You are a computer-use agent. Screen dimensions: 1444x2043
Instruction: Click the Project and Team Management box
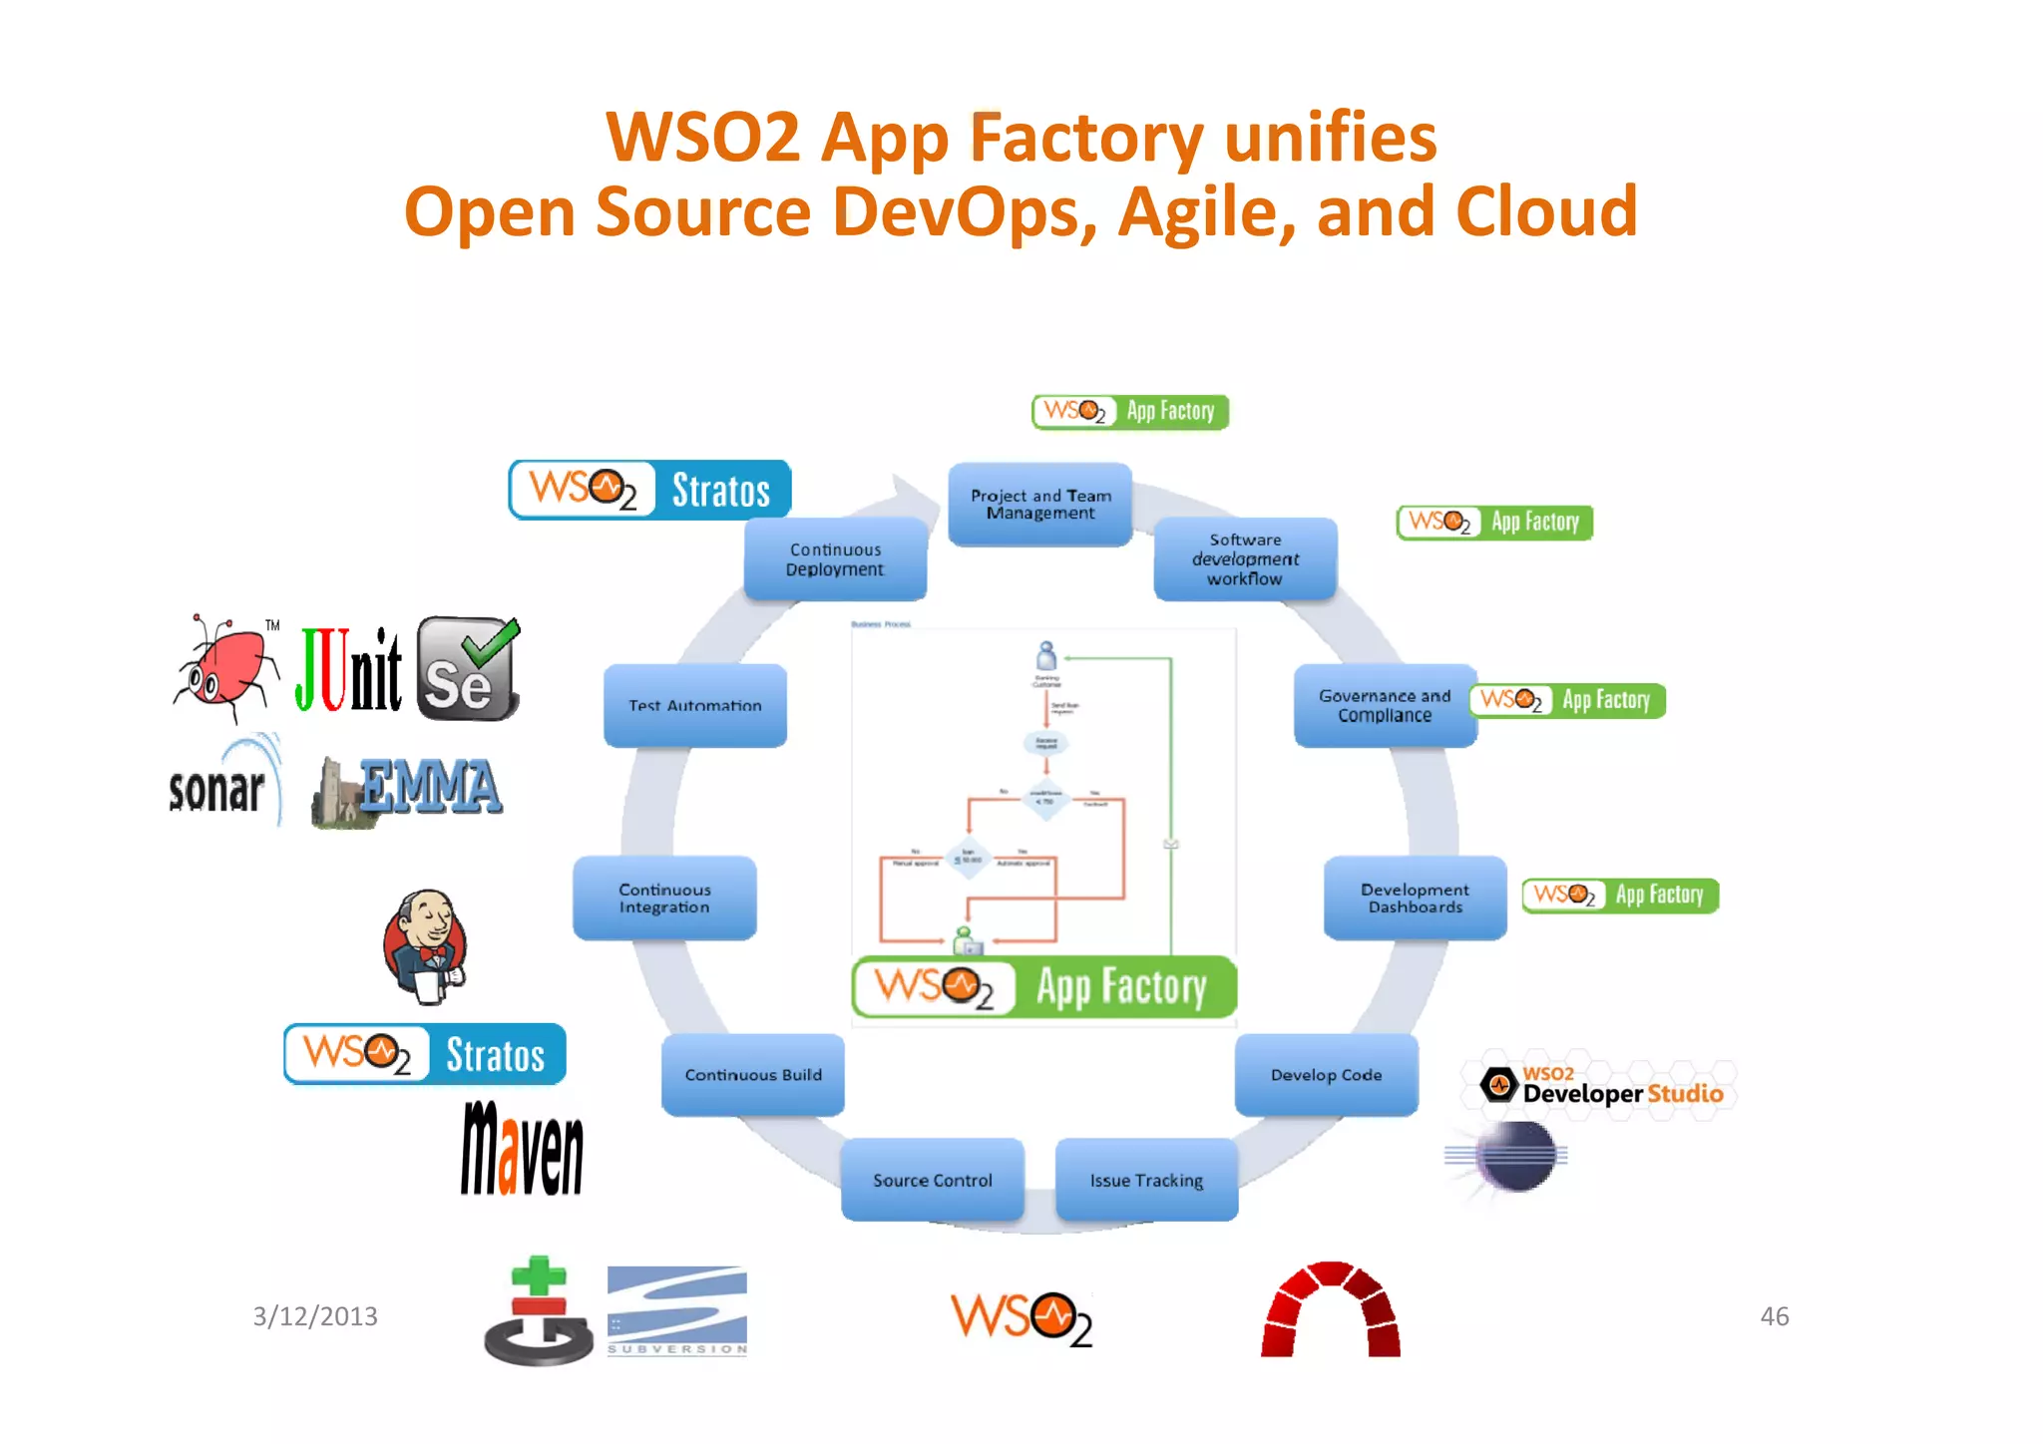(1039, 504)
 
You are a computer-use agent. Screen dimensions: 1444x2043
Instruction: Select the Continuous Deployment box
(835, 558)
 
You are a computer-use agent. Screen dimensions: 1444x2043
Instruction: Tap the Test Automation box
(695, 705)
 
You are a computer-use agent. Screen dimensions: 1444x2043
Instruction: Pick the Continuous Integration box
(664, 898)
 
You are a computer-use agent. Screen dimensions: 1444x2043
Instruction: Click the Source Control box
(932, 1180)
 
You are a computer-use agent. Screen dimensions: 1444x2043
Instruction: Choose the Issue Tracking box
(1146, 1180)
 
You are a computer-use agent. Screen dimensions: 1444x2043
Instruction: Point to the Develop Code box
(1326, 1074)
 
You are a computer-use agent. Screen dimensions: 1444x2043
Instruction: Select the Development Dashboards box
(1415, 898)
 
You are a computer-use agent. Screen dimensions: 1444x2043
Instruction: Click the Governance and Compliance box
(1385, 705)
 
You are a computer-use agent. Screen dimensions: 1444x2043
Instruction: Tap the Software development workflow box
(1245, 558)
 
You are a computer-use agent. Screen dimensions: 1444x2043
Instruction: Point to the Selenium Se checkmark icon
(468, 668)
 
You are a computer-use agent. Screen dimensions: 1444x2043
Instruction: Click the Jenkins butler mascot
(426, 945)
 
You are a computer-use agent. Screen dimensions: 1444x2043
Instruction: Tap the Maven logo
(522, 1148)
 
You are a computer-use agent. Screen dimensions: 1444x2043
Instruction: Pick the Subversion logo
(676, 1310)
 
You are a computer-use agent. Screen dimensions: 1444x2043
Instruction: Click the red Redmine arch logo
(1330, 1310)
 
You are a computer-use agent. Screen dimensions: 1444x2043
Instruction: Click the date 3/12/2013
(315, 1316)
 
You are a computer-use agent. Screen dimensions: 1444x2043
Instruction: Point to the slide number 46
(1774, 1316)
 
